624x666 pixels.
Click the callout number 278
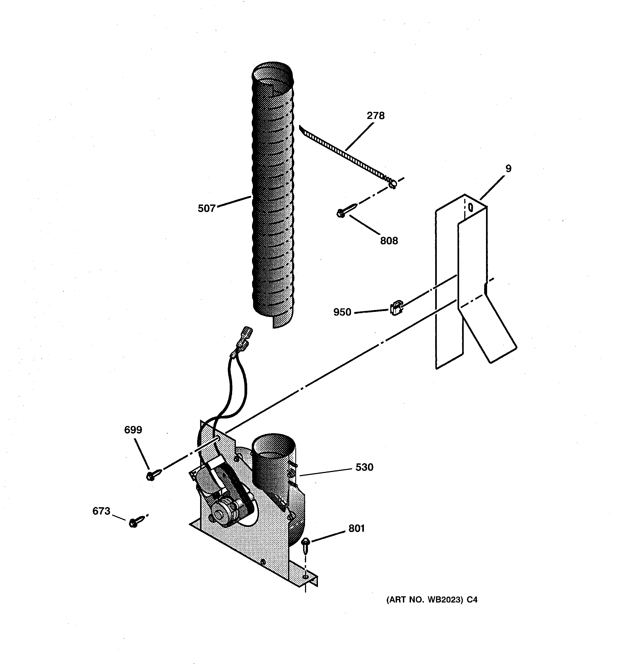tap(375, 116)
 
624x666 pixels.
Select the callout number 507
tap(206, 208)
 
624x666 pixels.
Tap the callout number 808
tap(389, 241)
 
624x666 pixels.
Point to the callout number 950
tap(342, 312)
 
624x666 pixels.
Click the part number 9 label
tap(508, 168)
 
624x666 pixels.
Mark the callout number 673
tap(101, 511)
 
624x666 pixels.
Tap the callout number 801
tap(356, 528)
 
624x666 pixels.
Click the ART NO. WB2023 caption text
tap(431, 600)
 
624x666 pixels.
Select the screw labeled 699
tap(153, 475)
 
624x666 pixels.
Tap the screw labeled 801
tap(306, 545)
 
